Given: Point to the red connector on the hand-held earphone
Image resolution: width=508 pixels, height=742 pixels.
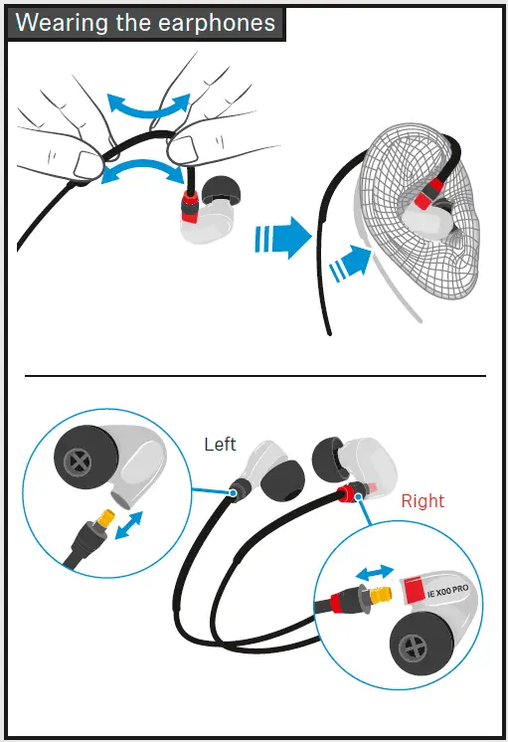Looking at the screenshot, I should (x=189, y=209).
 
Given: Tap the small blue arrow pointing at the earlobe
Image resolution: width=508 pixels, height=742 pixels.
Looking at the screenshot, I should (x=351, y=265).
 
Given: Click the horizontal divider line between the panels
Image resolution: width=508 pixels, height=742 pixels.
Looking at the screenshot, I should (x=254, y=375).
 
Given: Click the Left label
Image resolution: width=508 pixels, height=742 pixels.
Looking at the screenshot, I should (x=220, y=445).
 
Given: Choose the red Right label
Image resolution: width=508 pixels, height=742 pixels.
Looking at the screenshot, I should (x=423, y=500).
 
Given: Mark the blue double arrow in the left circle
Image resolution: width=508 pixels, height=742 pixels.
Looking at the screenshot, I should (x=125, y=526).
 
